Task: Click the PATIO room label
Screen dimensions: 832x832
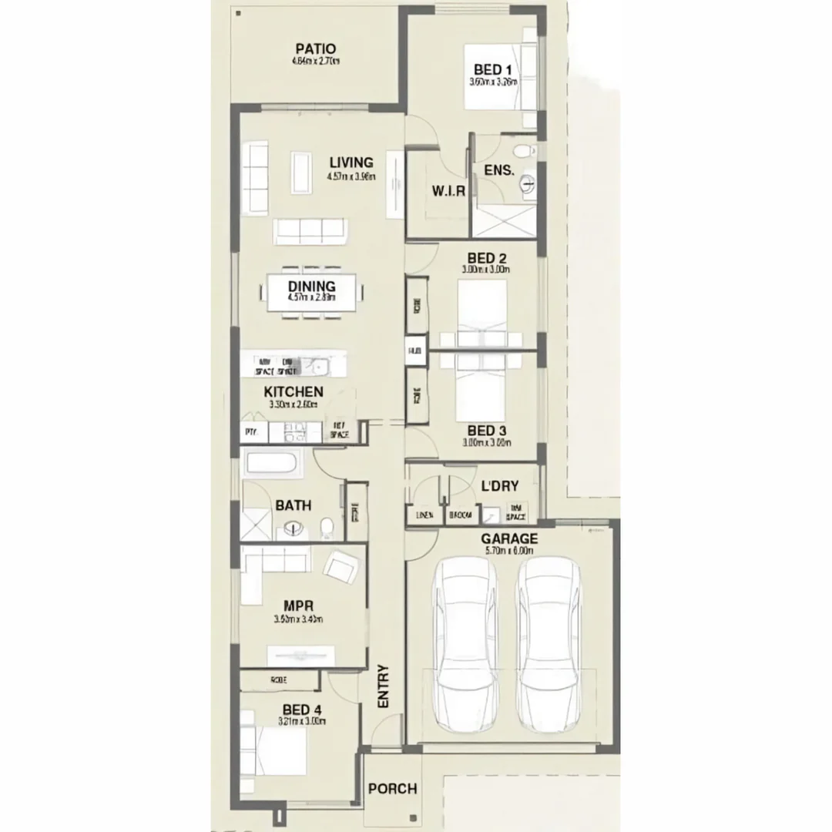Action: tap(315, 49)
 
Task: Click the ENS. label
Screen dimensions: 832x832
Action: tap(498, 170)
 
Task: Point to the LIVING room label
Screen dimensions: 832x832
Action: tap(351, 163)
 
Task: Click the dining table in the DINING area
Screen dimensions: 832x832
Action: tap(312, 293)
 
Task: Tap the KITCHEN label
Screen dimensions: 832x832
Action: tap(294, 391)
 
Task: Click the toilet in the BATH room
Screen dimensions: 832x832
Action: tap(326, 528)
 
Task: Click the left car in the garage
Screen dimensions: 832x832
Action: tap(465, 644)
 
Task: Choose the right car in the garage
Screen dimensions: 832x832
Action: tap(548, 644)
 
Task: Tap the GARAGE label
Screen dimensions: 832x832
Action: tap(509, 539)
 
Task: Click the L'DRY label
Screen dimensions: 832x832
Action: tap(499, 486)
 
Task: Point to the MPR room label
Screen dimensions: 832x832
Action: tap(297, 606)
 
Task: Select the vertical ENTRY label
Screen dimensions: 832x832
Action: tap(384, 686)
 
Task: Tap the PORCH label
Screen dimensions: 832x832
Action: tap(392, 789)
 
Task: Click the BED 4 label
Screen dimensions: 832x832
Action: tap(301, 710)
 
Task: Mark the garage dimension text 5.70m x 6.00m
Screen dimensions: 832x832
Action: tap(509, 552)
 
